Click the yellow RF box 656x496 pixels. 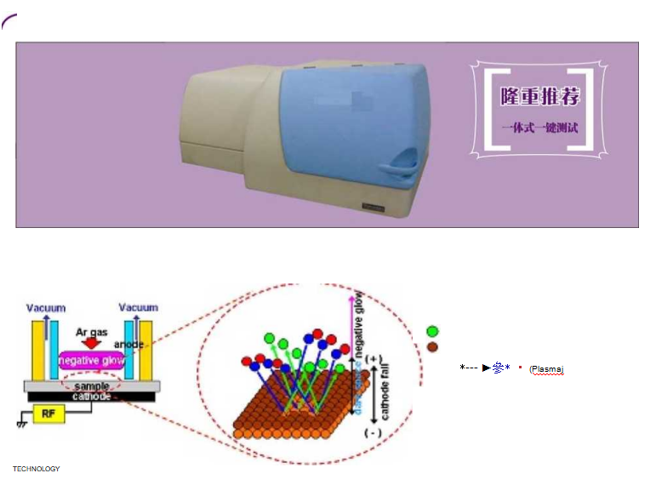(x=48, y=414)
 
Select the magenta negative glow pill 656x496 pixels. (x=91, y=361)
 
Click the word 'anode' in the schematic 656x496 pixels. (x=130, y=345)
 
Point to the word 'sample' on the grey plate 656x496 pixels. (x=92, y=386)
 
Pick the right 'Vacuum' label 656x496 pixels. (x=139, y=307)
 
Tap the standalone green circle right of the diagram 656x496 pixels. (x=432, y=332)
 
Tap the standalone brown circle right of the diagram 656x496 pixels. (x=432, y=347)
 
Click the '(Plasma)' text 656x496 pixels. (x=546, y=369)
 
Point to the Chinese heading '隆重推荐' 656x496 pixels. (x=540, y=96)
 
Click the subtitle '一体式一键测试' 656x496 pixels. (x=539, y=128)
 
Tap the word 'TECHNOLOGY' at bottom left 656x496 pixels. (x=36, y=469)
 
